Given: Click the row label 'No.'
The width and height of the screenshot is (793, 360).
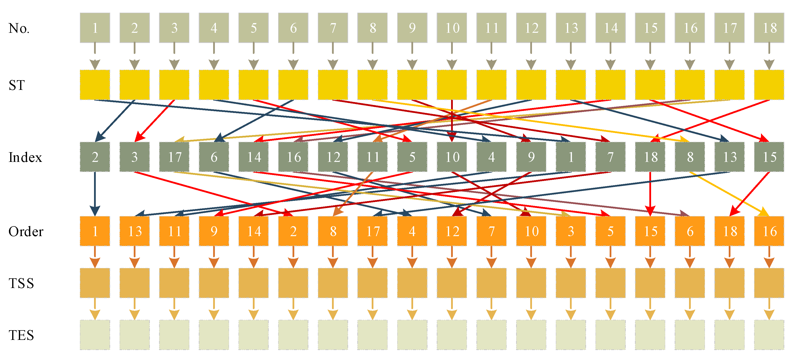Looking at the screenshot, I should [x=19, y=28].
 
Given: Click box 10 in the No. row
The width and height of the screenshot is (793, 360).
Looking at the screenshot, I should [x=452, y=28].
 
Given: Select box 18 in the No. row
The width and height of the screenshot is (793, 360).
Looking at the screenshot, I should [x=769, y=28].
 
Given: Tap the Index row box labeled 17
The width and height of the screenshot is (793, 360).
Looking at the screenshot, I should [x=174, y=157].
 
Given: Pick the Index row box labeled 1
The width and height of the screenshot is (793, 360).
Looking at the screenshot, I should [x=571, y=157].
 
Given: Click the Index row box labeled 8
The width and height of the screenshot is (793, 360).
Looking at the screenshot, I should [x=690, y=157].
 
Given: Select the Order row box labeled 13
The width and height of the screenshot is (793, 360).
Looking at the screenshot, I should [x=134, y=231].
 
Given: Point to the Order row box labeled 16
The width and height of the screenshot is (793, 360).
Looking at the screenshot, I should [x=769, y=231].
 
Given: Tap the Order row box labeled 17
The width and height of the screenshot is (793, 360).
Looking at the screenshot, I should [x=372, y=231].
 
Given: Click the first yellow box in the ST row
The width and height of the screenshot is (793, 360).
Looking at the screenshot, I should [x=95, y=85].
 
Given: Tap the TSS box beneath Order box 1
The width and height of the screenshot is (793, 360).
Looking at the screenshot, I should [x=95, y=283].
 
